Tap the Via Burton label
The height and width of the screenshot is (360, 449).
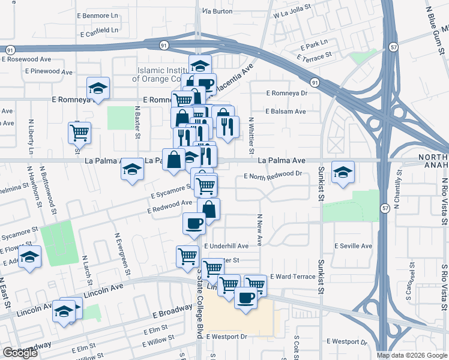(x=217, y=11)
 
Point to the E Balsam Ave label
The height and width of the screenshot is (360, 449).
(x=286, y=112)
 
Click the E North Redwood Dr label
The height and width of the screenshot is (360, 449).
(x=272, y=174)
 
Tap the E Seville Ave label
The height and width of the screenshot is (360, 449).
(x=353, y=246)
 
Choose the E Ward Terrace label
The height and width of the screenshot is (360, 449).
(x=292, y=277)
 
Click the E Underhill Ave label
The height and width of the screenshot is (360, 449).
(x=226, y=246)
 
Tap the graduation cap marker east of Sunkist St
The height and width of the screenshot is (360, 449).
(x=343, y=172)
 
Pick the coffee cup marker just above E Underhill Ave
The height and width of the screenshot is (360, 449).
(x=193, y=223)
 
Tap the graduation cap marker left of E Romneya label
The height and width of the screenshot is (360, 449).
(x=98, y=88)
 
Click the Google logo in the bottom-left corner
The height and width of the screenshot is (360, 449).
(x=20, y=353)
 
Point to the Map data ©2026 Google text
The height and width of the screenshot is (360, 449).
(x=412, y=355)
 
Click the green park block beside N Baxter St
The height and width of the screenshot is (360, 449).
(x=121, y=118)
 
